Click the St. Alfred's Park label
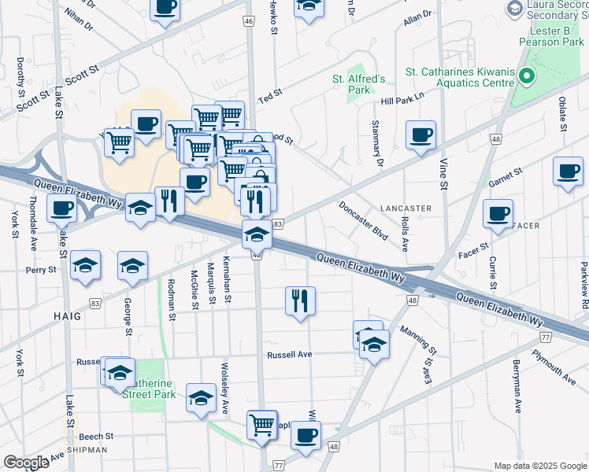coord(358,84)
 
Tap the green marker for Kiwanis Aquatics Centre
coord(526,76)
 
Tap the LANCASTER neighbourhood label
coord(405,208)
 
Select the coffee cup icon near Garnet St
coord(567,171)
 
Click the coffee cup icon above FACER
coord(498,213)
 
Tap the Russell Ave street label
coord(290,355)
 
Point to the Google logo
coord(25,463)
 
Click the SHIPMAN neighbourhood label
coord(87,450)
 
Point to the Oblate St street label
coord(563,115)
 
